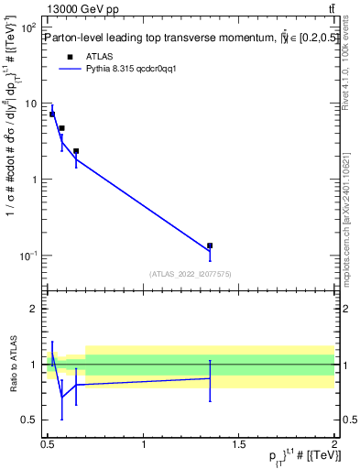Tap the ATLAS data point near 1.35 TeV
point(210,245)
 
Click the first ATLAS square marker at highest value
point(52,115)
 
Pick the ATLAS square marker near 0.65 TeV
point(76,151)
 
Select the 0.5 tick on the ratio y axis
point(29,420)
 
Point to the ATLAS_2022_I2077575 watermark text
point(188,274)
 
